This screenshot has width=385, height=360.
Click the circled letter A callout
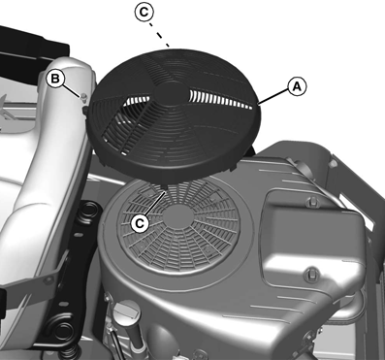297,86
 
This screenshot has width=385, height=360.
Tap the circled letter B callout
55,79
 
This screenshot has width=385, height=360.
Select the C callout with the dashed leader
144,13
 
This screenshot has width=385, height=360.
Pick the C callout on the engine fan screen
140,223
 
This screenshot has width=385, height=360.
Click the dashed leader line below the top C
159,35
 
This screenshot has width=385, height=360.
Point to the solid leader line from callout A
273,97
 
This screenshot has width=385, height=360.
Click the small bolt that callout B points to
84,96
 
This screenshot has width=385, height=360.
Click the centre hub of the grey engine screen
178,216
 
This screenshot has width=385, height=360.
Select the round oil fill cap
127,311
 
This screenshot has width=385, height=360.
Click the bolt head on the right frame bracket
332,164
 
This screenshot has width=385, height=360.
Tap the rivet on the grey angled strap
49,280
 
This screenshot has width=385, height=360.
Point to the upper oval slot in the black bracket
78,234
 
